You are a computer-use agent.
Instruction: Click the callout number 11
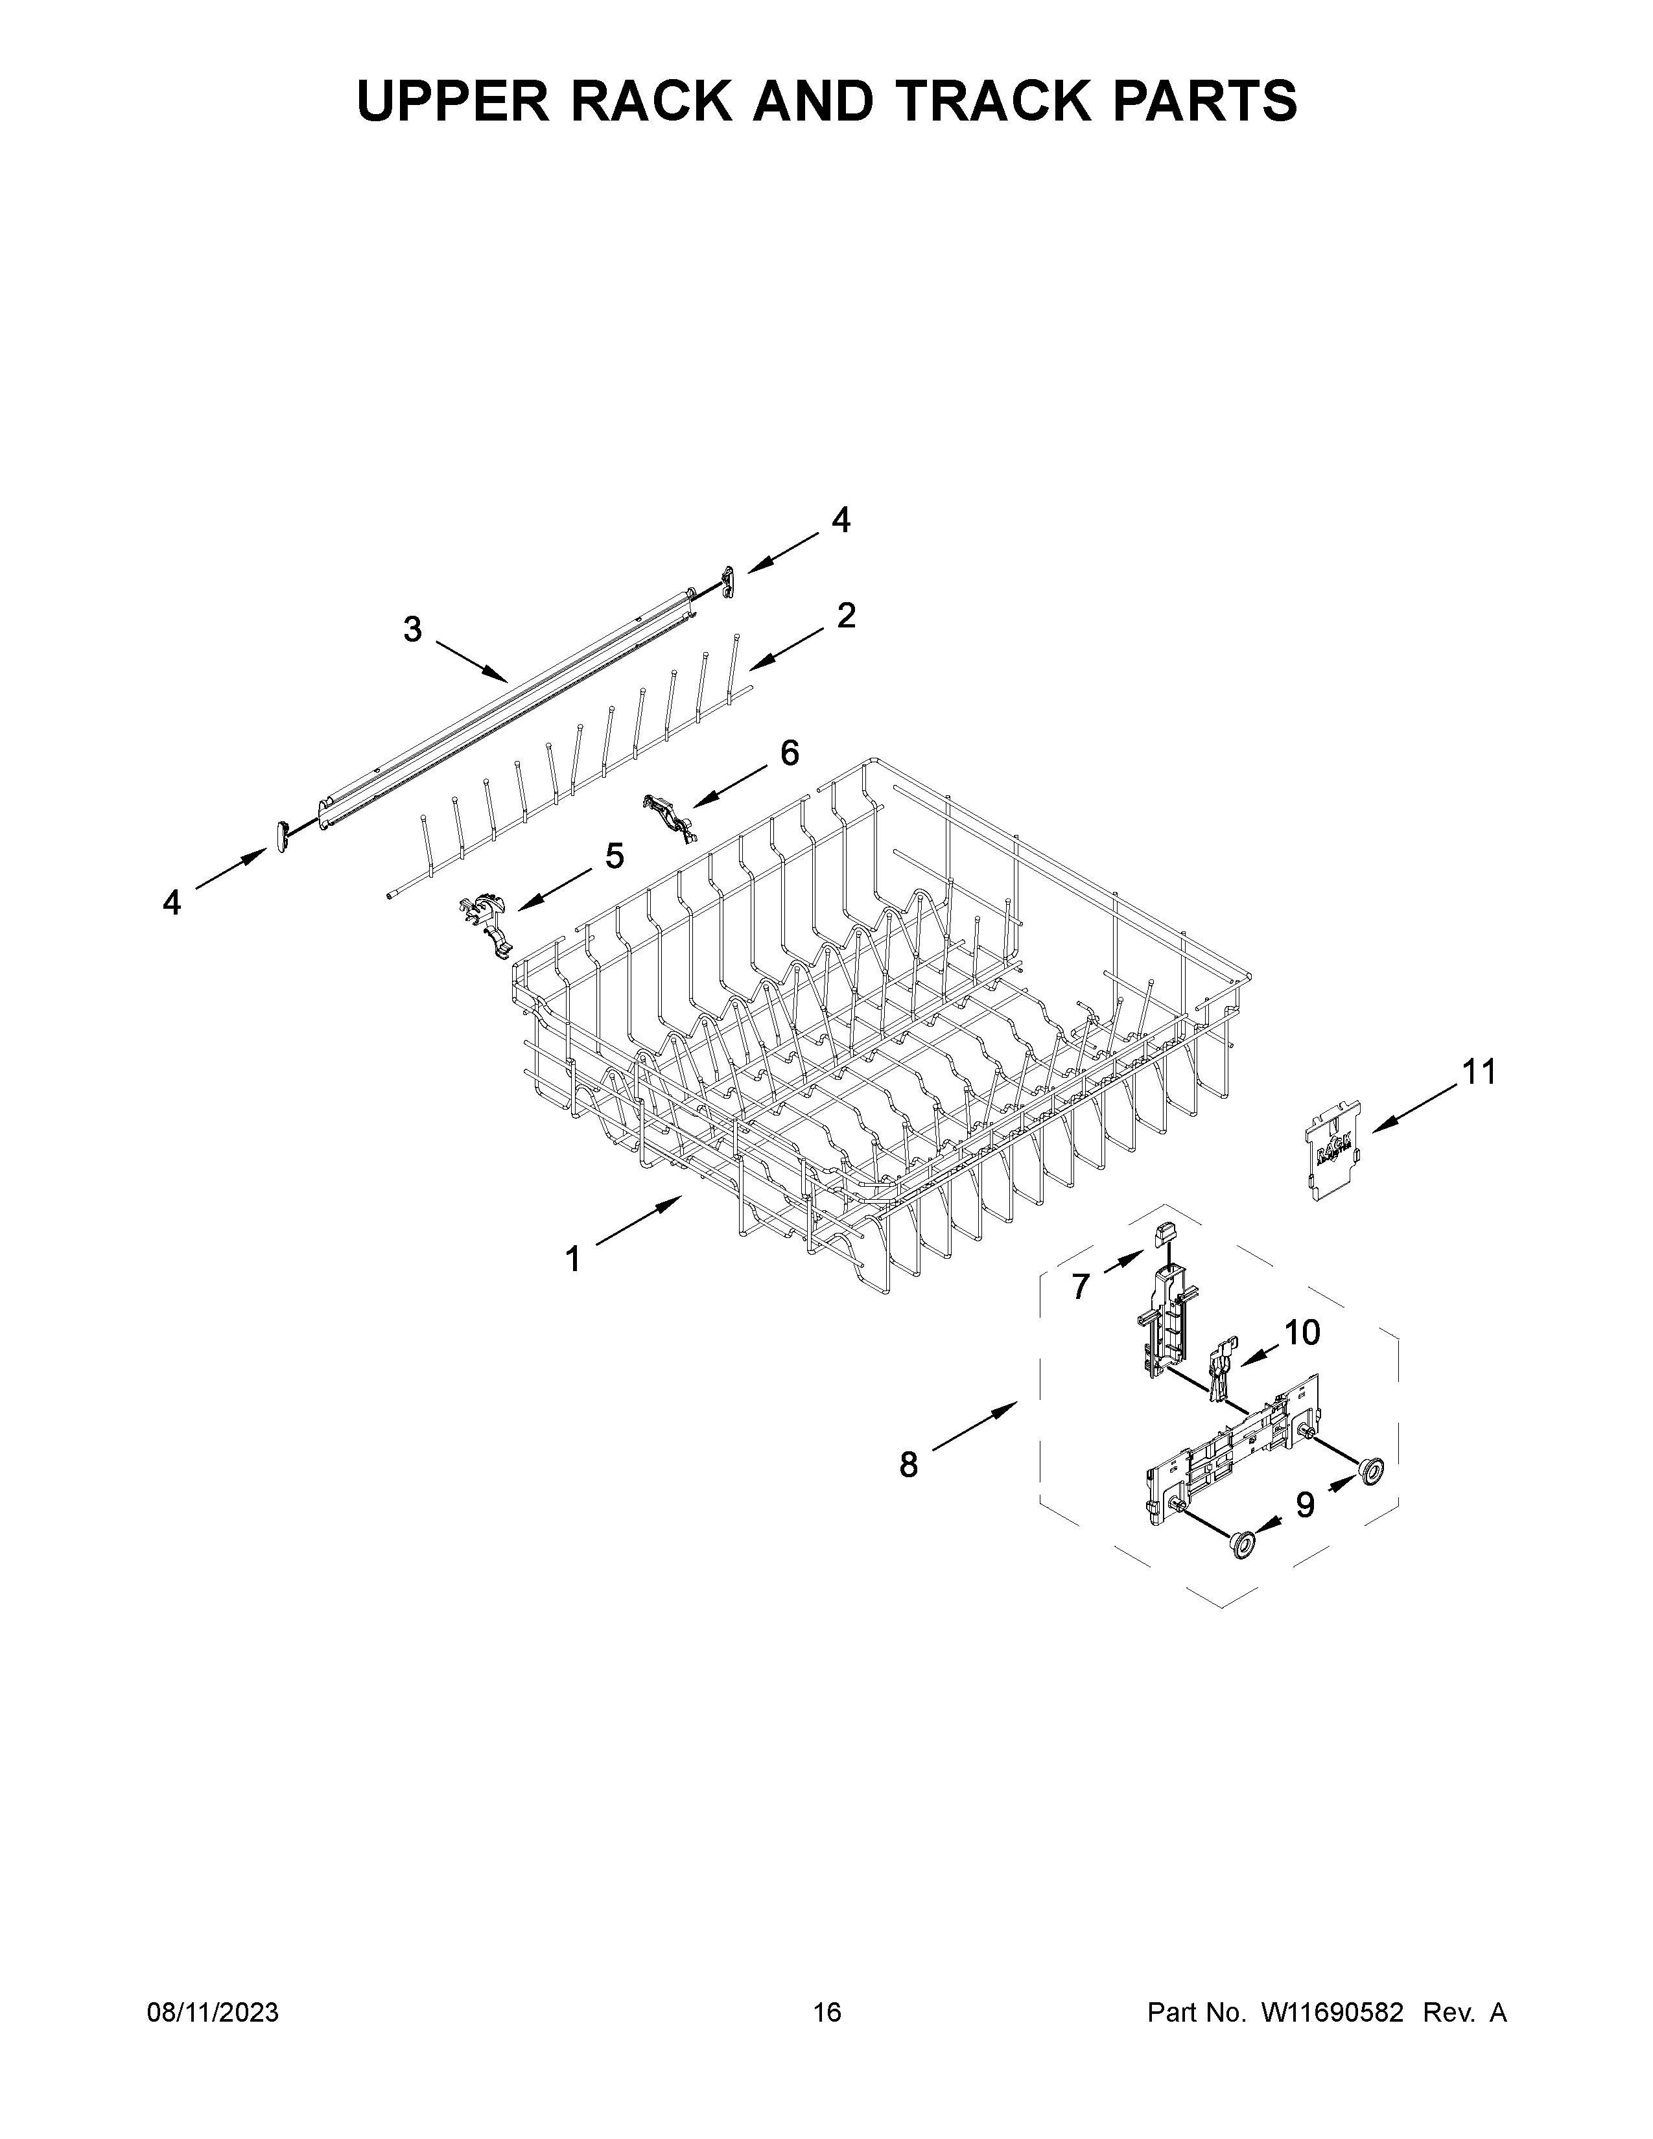click(x=1479, y=1073)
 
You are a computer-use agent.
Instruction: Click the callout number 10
click(x=1302, y=1332)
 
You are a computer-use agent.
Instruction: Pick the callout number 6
click(x=790, y=752)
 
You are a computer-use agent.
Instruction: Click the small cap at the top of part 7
click(x=1164, y=1233)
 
